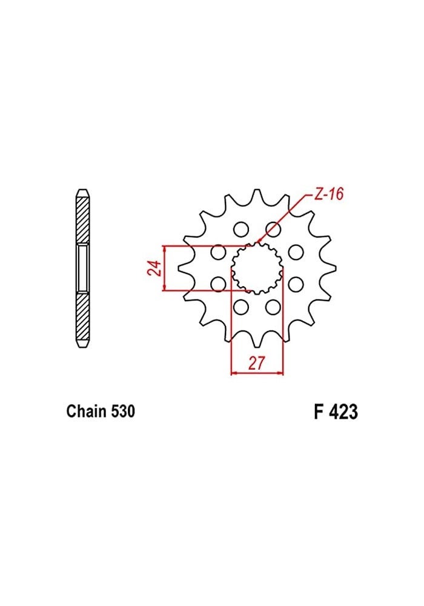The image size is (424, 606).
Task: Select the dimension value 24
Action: [154, 268]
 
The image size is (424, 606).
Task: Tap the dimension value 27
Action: [257, 363]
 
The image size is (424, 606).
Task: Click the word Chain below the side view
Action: [87, 411]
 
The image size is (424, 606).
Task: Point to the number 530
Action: [123, 411]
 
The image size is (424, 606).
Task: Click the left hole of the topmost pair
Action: [241, 229]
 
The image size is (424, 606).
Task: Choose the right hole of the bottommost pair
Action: [273, 307]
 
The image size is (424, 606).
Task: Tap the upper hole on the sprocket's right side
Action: [296, 251]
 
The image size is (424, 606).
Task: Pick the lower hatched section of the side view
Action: [83, 318]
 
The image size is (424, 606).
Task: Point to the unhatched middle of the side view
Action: [83, 267]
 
